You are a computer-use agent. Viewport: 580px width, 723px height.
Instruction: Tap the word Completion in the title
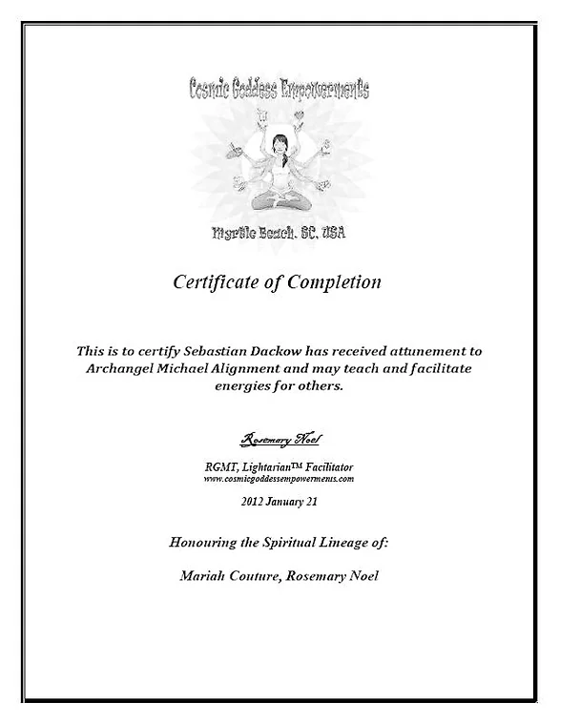click(x=330, y=282)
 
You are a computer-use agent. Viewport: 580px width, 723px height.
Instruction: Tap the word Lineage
click(x=339, y=542)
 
